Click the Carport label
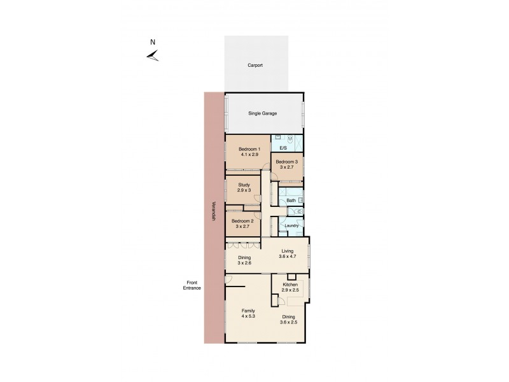pyautogui.click(x=255, y=66)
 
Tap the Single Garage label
pyautogui.click(x=262, y=113)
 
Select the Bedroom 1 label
pyautogui.click(x=248, y=149)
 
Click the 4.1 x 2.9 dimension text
pyautogui.click(x=248, y=155)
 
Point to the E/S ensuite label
pyautogui.click(x=283, y=148)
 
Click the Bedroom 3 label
pyautogui.click(x=287, y=162)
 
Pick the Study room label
pyautogui.click(x=244, y=185)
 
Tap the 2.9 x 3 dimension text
pyautogui.click(x=244, y=190)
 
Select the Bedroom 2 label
pyautogui.click(x=242, y=221)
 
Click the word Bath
pyautogui.click(x=291, y=201)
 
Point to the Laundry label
pyautogui.click(x=292, y=225)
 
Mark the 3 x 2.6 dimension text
pyautogui.click(x=244, y=263)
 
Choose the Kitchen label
pyautogui.click(x=290, y=284)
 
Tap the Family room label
pyautogui.click(x=248, y=311)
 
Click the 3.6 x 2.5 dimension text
pyautogui.click(x=289, y=322)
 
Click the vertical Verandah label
pyautogui.click(x=214, y=212)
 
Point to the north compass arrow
pyautogui.click(x=152, y=57)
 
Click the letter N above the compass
pyautogui.click(x=152, y=43)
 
